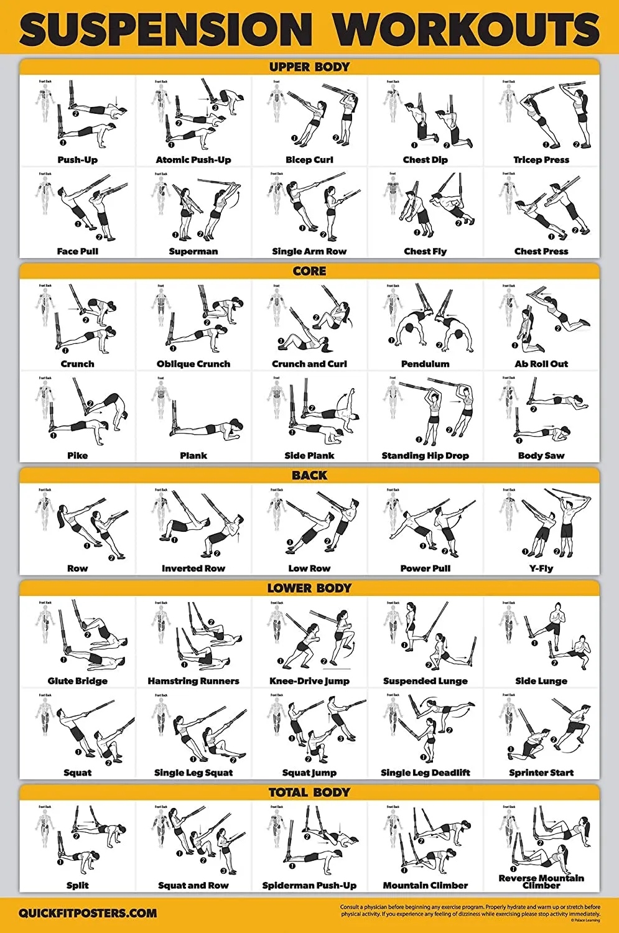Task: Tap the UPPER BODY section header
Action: pyautogui.click(x=309, y=67)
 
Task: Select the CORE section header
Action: pyautogui.click(x=309, y=271)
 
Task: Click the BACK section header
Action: pyautogui.click(x=309, y=475)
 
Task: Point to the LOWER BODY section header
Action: pyautogui.click(x=309, y=588)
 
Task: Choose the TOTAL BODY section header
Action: pyautogui.click(x=309, y=792)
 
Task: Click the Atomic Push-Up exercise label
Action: pyautogui.click(x=193, y=160)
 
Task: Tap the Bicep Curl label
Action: pyautogui.click(x=309, y=160)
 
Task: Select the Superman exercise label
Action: pyautogui.click(x=193, y=251)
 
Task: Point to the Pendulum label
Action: pyautogui.click(x=426, y=364)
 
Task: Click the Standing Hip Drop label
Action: pyautogui.click(x=426, y=455)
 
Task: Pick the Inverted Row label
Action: pyautogui.click(x=193, y=569)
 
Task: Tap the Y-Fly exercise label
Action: pyautogui.click(x=541, y=569)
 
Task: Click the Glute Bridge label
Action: pyautogui.click(x=78, y=681)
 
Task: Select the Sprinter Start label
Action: pyautogui.click(x=541, y=773)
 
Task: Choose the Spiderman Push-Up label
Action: pyautogui.click(x=309, y=885)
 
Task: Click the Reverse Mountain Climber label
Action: pyautogui.click(x=541, y=881)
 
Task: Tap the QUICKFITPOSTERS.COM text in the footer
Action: pyautogui.click(x=88, y=914)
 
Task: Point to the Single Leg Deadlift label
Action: pyautogui.click(x=426, y=773)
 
